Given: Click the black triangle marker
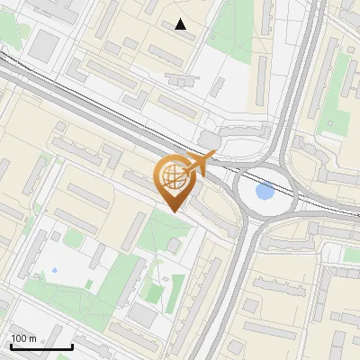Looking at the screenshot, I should click(x=181, y=24).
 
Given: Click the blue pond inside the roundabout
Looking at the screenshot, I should click(x=265, y=191).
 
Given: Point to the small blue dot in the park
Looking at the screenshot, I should click(x=54, y=270).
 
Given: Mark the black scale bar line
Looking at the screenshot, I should click(x=41, y=347).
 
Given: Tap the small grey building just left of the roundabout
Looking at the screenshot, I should click(x=210, y=139).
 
